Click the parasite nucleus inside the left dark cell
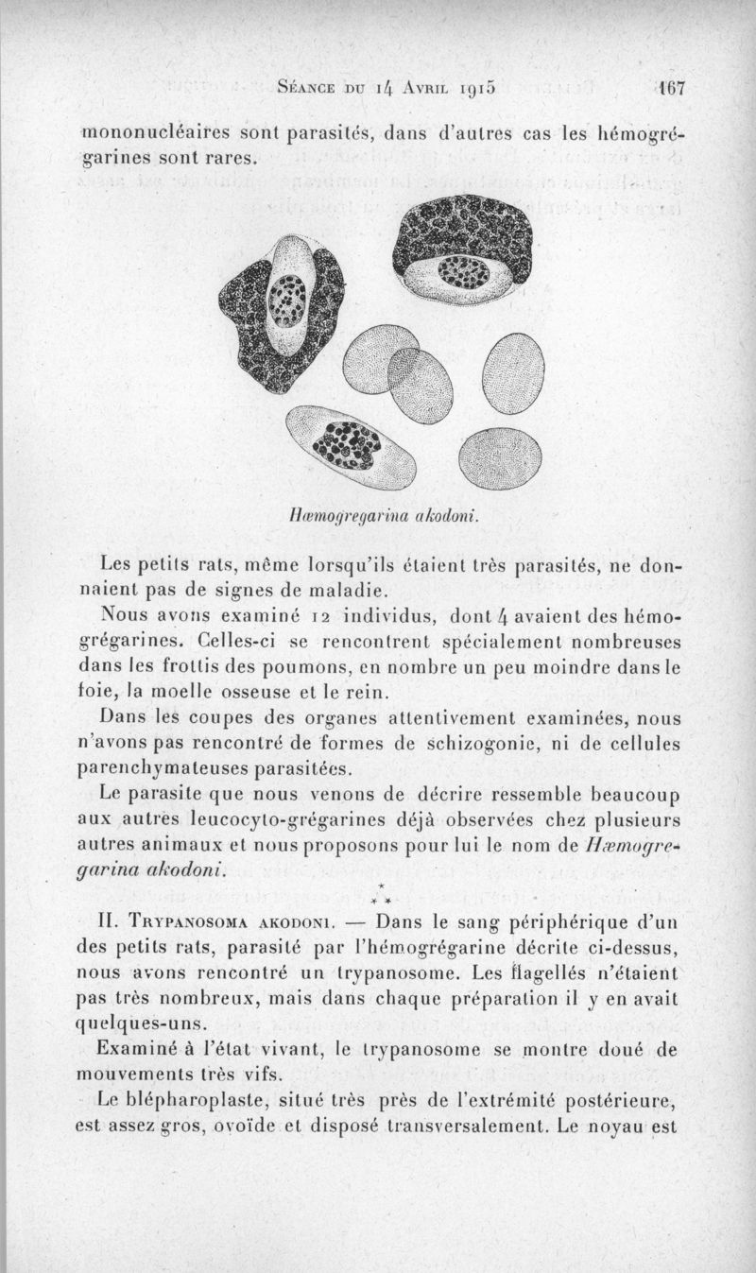(x=282, y=302)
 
